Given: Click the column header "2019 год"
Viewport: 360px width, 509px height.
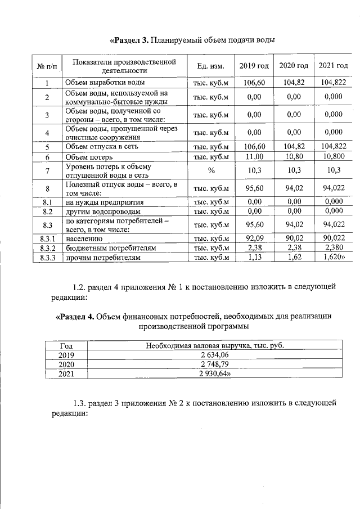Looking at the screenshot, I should point(254,66).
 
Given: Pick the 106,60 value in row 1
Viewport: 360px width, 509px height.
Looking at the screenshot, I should point(254,82).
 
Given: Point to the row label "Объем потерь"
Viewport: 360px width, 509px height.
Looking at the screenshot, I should point(89,156).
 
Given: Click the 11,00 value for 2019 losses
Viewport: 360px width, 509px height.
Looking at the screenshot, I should point(254,156).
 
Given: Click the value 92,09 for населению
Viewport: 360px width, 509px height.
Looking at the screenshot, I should point(254,238).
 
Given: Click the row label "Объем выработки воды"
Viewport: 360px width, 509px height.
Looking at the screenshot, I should point(101,83).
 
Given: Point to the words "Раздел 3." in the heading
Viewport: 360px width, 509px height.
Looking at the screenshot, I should point(130,40).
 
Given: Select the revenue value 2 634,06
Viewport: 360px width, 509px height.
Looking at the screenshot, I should point(214,355).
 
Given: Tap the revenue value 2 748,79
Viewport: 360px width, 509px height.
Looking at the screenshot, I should point(214,364).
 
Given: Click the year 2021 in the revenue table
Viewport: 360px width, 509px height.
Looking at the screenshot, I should point(66,374).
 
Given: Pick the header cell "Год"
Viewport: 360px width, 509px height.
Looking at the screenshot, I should point(66,345).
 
